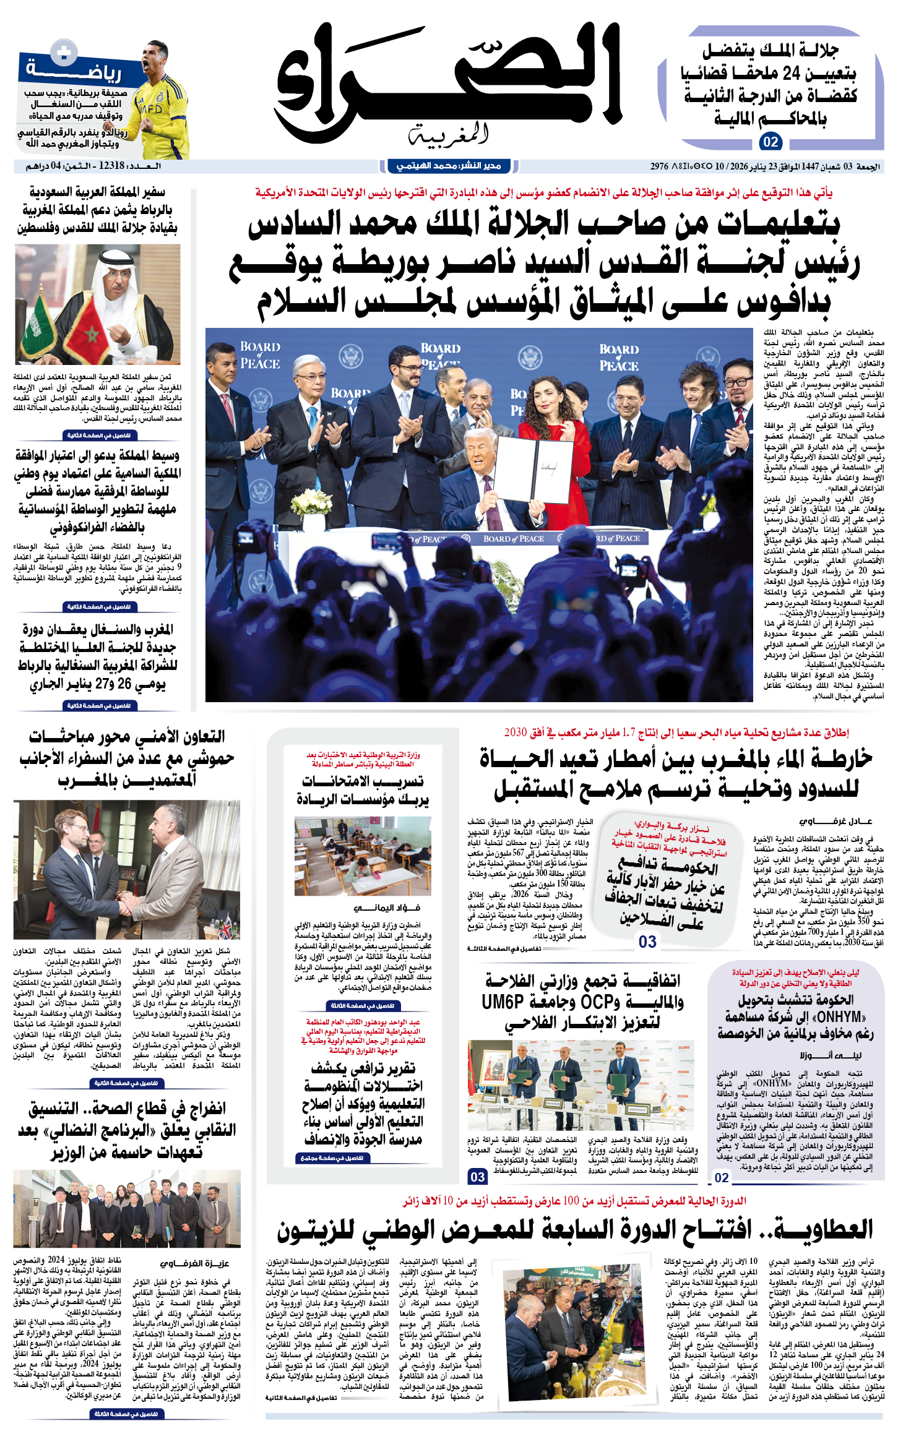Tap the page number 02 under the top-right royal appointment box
(771, 142)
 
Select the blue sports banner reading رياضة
(74, 71)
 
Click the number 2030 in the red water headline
(516, 732)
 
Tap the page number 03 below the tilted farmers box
(647, 942)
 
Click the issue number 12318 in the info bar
(111, 166)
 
